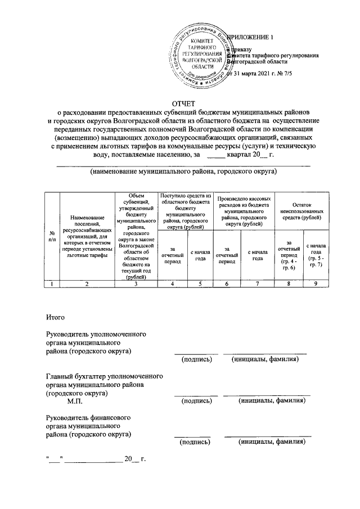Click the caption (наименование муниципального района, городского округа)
coord(184,170)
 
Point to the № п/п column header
coord(52,236)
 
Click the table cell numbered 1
coord(52,284)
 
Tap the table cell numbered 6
coord(227,284)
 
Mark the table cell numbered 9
coord(316,284)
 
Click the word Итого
coord(56,319)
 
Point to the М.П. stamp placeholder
coord(74,402)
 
